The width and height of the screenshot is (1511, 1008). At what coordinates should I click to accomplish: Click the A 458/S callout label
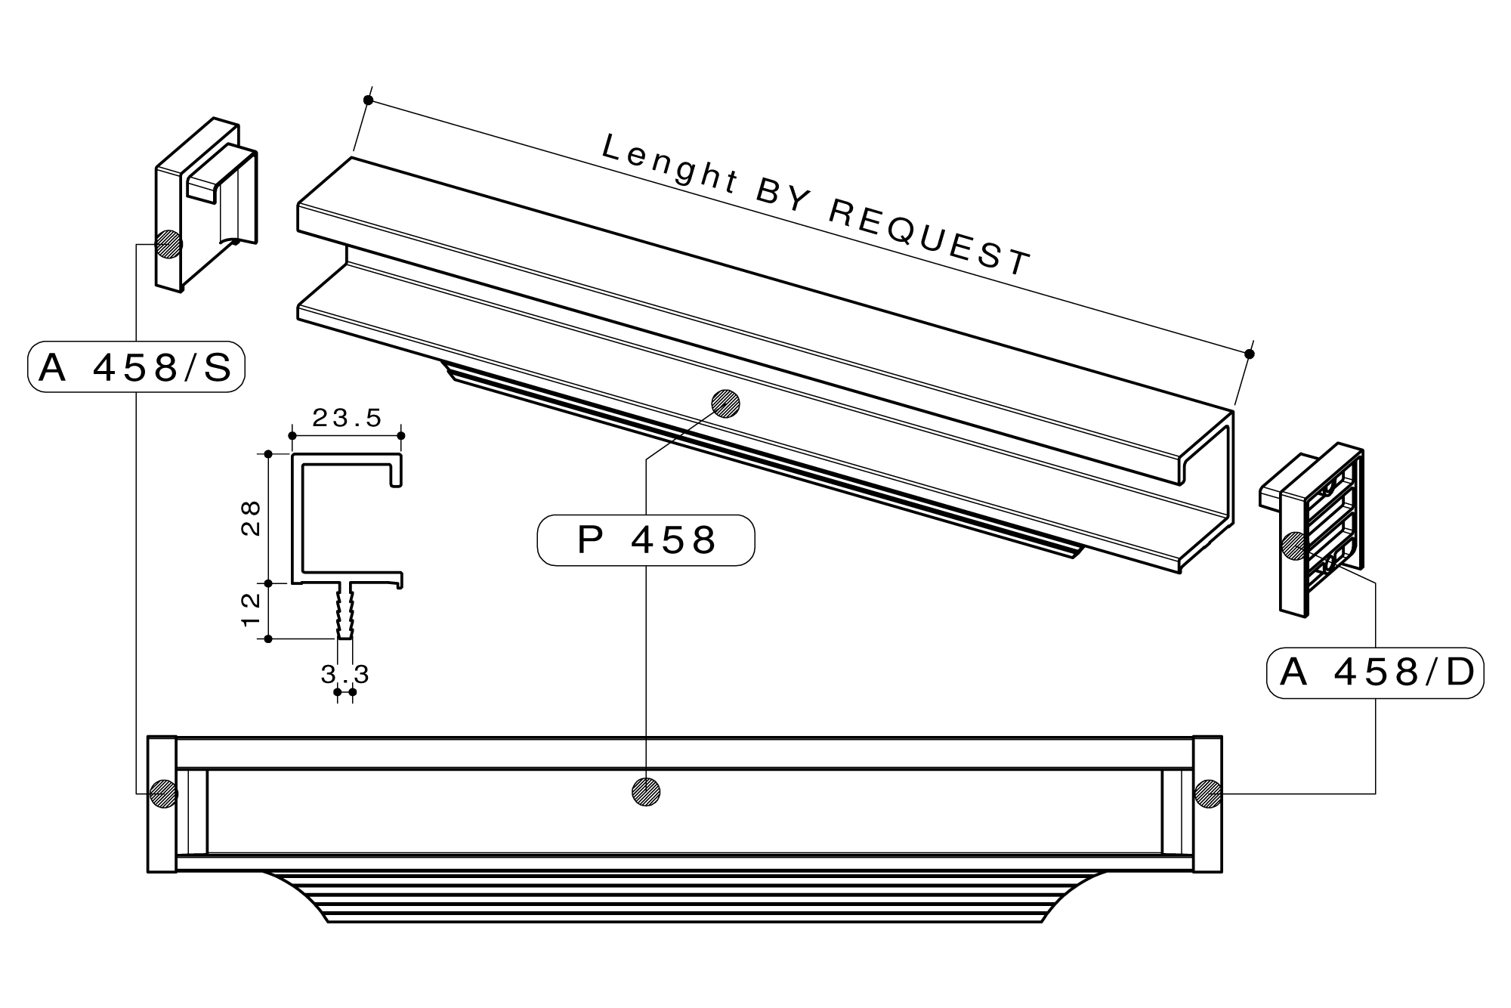point(136,368)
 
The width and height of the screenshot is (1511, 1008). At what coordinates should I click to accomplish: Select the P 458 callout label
point(646,540)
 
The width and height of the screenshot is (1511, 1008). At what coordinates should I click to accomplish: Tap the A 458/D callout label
point(1375,673)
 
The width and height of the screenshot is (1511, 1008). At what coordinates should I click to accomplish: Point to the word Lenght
point(669,161)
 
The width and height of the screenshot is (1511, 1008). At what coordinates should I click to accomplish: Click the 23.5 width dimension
point(348,418)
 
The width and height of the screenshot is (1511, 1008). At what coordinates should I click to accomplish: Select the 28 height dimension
point(251,518)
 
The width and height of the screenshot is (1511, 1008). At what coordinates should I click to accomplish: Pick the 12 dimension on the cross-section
point(251,611)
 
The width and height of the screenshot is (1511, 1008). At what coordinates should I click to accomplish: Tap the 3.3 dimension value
point(345,675)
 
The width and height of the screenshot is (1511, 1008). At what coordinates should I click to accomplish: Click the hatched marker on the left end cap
point(168,244)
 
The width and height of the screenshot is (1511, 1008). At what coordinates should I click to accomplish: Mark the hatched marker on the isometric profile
point(725,404)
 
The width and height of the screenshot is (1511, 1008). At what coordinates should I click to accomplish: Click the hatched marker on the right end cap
point(1295,546)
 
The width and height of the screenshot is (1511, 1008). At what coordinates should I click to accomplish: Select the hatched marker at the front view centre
point(646,792)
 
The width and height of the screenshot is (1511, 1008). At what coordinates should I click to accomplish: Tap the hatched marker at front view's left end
point(163,793)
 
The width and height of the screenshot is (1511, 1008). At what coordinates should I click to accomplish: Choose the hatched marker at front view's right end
point(1207,793)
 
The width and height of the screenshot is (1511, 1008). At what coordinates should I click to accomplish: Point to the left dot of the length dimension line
point(368,100)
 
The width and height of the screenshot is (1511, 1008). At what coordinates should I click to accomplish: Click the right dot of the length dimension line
point(1250,354)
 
